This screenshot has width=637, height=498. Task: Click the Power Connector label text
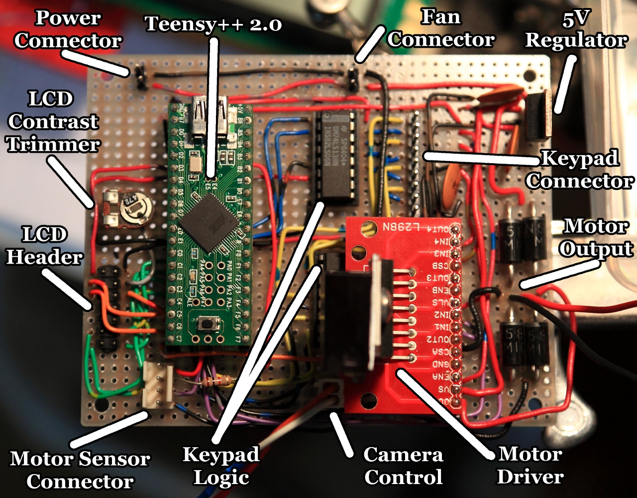[68, 30]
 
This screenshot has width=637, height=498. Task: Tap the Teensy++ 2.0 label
[213, 23]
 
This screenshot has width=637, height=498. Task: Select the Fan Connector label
[441, 28]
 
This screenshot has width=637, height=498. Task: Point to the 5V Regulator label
[576, 30]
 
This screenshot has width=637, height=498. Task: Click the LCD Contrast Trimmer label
[53, 122]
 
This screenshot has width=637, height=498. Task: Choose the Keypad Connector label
[580, 170]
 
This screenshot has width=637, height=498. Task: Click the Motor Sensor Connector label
[80, 470]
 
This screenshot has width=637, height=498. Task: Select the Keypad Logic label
[221, 466]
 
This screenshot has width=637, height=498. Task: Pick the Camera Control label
[403, 466]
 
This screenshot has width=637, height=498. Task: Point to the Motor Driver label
[531, 466]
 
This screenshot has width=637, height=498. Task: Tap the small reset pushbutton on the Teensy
[204, 324]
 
